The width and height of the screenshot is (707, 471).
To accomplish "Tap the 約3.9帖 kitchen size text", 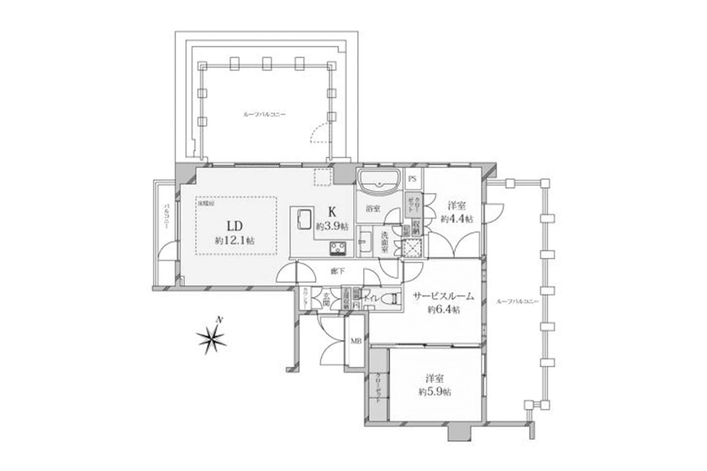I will tap(331, 227).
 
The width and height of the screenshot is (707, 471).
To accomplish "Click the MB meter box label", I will tap(355, 341).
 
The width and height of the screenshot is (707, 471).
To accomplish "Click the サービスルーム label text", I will tap(443, 297).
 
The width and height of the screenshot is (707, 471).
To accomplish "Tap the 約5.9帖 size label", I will tap(435, 392).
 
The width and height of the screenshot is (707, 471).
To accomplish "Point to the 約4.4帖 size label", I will tap(457, 219).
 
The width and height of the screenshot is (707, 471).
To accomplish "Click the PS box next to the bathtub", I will tap(412, 179).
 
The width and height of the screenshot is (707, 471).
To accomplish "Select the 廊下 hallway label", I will tap(338, 272).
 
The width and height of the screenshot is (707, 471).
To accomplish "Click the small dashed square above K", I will tap(323, 177).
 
